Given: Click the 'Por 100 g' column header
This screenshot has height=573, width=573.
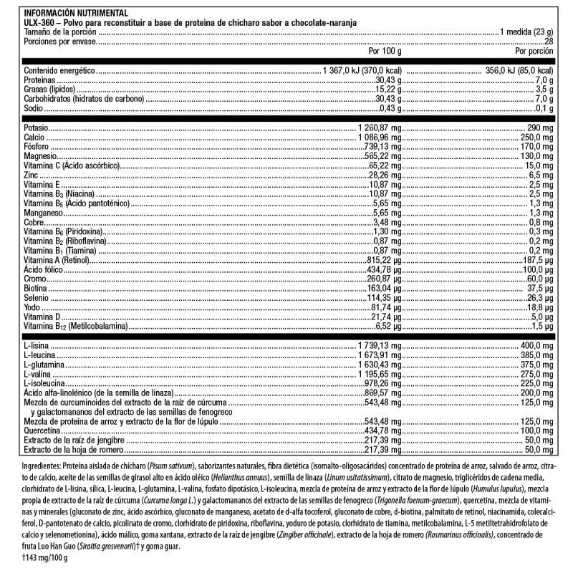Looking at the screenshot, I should coord(385,52).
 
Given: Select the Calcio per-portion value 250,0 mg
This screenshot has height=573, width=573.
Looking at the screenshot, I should coord(536,136).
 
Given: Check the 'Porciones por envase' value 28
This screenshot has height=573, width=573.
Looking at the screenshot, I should coord(549,42).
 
